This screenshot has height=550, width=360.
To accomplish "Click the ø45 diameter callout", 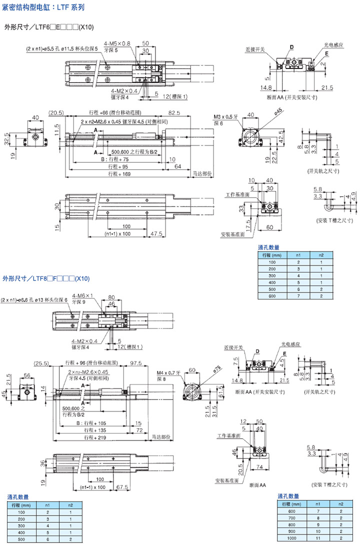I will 278,111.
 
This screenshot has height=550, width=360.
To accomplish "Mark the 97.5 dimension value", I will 135,363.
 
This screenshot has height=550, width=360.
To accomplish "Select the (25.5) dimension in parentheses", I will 40,363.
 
